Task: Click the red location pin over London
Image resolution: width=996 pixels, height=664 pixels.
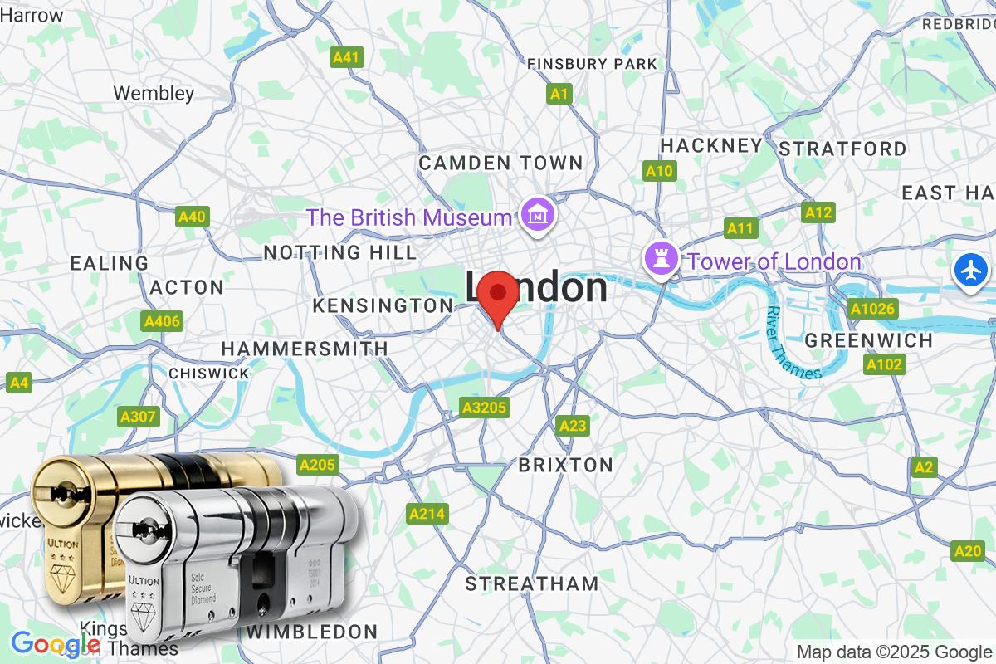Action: coord(498,295)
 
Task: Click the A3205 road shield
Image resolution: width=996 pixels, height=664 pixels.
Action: coord(485,408)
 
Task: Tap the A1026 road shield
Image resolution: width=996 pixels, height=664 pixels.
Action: coord(872,310)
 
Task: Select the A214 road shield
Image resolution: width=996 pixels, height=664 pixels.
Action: coord(427,515)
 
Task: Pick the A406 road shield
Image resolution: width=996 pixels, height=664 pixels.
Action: coord(162,321)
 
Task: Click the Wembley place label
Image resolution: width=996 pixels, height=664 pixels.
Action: coord(154,93)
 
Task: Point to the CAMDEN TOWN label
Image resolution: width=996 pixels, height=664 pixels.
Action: coord(500,163)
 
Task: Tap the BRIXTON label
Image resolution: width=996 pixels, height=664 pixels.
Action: coord(565,464)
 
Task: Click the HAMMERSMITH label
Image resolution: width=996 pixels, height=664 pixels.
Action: coord(304,349)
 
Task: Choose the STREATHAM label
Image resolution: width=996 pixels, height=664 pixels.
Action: coord(531,583)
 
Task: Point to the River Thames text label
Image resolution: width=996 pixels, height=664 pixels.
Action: coord(792,343)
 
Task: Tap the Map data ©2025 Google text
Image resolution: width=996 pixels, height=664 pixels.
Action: coord(893,652)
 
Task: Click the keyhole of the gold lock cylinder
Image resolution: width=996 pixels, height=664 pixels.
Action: coord(60,496)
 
